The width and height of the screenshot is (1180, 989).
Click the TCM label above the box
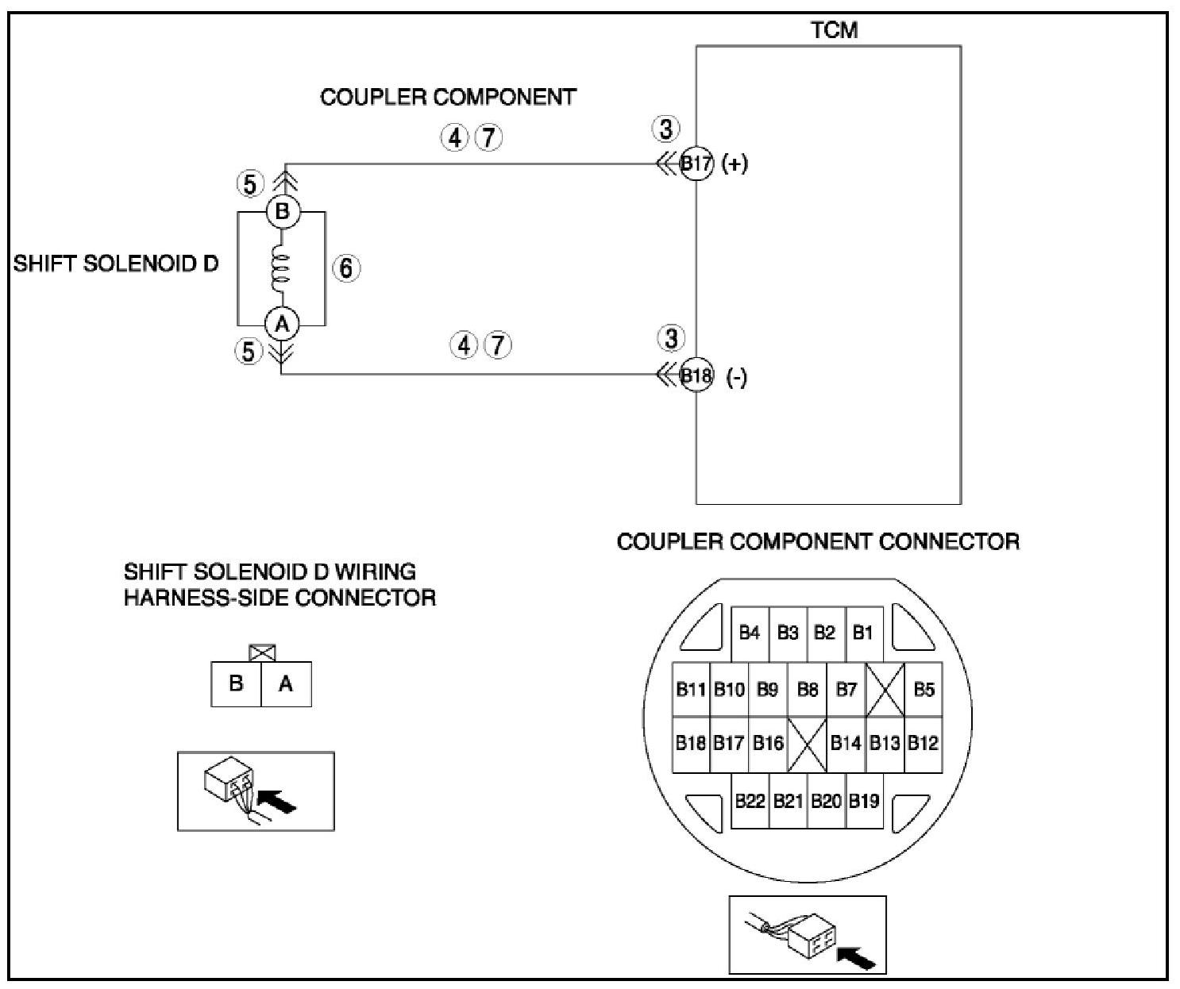pyautogui.click(x=834, y=30)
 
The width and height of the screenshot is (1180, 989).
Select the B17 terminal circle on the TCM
pyautogui.click(x=697, y=164)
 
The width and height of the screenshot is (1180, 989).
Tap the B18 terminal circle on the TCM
pyautogui.click(x=697, y=375)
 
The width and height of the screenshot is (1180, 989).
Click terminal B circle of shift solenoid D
pyautogui.click(x=282, y=213)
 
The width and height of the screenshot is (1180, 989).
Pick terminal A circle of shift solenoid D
pyautogui.click(x=282, y=323)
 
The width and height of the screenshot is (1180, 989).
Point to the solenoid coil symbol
pyautogui.click(x=282, y=267)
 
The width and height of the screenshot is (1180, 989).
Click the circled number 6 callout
pyautogui.click(x=345, y=268)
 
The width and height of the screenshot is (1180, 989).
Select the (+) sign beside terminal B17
pyautogui.click(x=735, y=164)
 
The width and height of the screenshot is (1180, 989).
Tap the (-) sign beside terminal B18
pyautogui.click(x=737, y=378)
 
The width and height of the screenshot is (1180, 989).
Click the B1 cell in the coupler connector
pyautogui.click(x=863, y=633)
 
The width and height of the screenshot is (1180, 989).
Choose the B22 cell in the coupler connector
pyautogui.click(x=750, y=801)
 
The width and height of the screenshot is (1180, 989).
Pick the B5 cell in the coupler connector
pyautogui.click(x=924, y=689)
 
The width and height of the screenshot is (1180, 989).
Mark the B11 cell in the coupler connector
pyautogui.click(x=691, y=689)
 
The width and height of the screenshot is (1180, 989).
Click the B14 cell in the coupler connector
pyautogui.click(x=846, y=744)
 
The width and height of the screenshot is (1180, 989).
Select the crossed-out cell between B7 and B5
pyautogui.click(x=885, y=689)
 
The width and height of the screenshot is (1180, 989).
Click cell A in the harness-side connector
pyautogui.click(x=286, y=683)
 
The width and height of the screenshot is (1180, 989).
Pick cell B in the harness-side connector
pyautogui.click(x=236, y=683)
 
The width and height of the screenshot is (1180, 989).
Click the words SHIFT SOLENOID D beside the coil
pyautogui.click(x=116, y=264)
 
